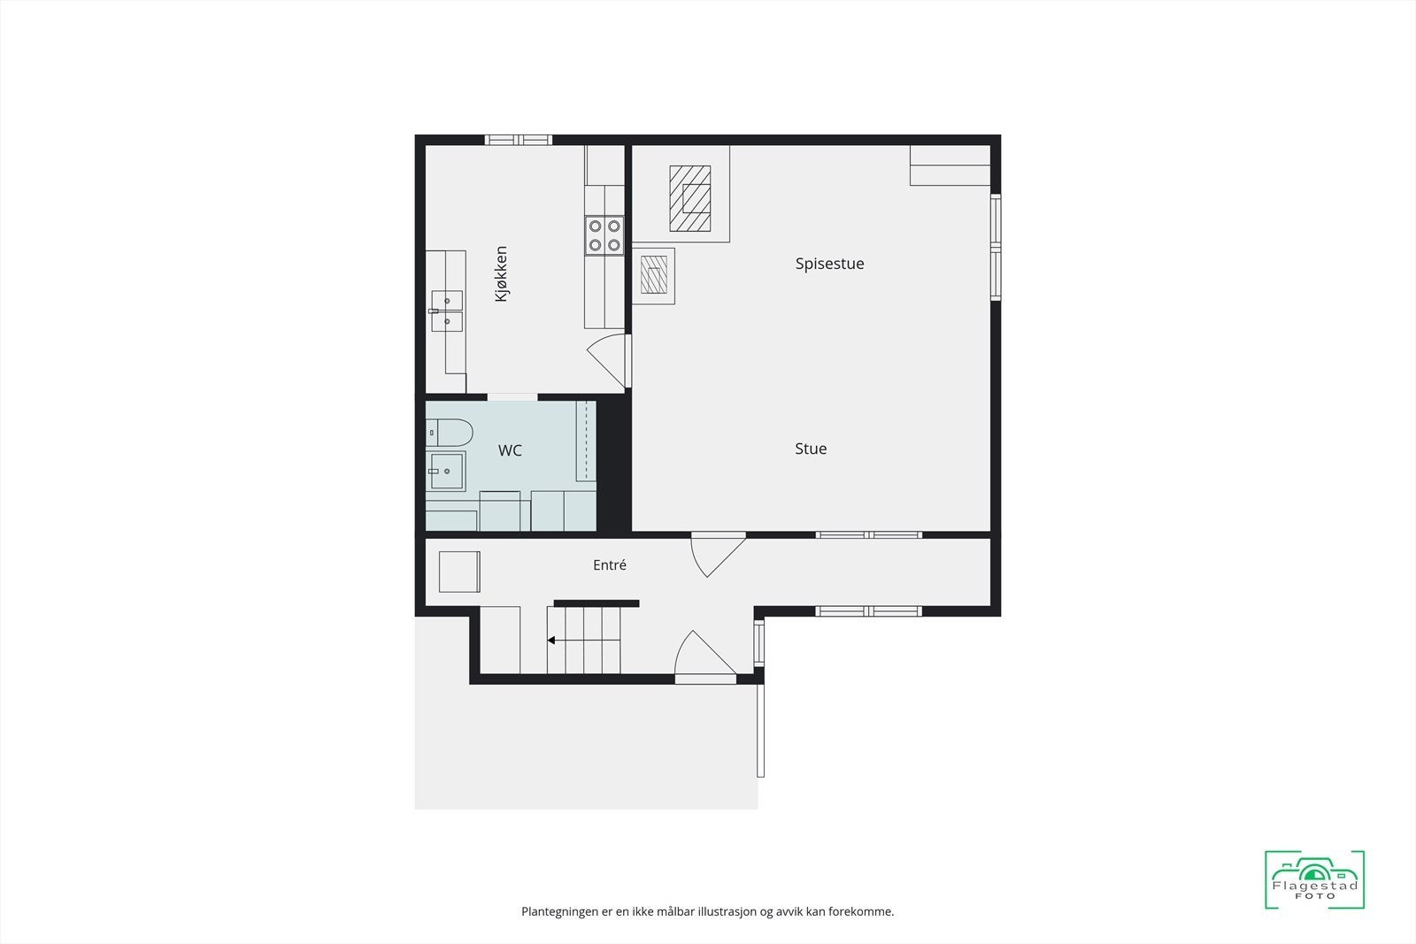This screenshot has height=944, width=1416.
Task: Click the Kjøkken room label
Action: pos(501,274)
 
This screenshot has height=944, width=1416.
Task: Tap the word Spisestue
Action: pos(829,264)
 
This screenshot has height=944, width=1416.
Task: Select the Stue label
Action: pos(811,449)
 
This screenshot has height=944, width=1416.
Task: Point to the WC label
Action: pos(510,450)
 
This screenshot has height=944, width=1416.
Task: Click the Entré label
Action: pos(610,564)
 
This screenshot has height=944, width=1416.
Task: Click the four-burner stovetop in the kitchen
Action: pos(604,235)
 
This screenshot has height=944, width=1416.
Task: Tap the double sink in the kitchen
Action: pos(446,311)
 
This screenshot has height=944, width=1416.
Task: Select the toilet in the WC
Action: pos(450,433)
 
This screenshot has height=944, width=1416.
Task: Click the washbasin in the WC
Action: pos(446,471)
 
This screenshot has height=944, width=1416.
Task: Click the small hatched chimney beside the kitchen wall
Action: pos(654,275)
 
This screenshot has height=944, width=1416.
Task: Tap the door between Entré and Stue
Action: pos(718,554)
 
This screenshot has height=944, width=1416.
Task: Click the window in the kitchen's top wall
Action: pos(519,141)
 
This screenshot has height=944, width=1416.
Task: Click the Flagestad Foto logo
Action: pos(1314,879)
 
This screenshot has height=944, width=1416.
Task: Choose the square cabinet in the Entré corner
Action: pos(459,572)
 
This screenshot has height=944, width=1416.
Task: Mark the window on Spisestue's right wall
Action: pos(996,247)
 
